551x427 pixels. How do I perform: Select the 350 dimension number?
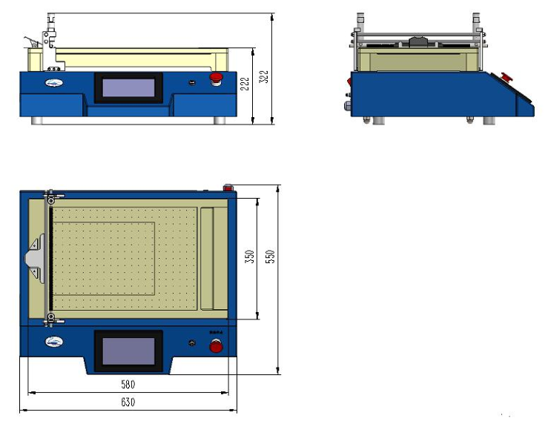tap(251, 256)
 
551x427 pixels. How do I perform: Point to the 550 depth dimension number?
tap(271, 256)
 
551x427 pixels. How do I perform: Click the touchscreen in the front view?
tap(128, 88)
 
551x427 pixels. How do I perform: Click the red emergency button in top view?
tap(217, 346)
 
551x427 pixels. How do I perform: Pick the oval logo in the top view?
tap(54, 342)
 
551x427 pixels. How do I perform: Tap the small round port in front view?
tap(192, 82)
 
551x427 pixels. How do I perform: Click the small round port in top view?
tap(192, 342)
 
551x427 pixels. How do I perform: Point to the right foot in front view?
tap(220, 119)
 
